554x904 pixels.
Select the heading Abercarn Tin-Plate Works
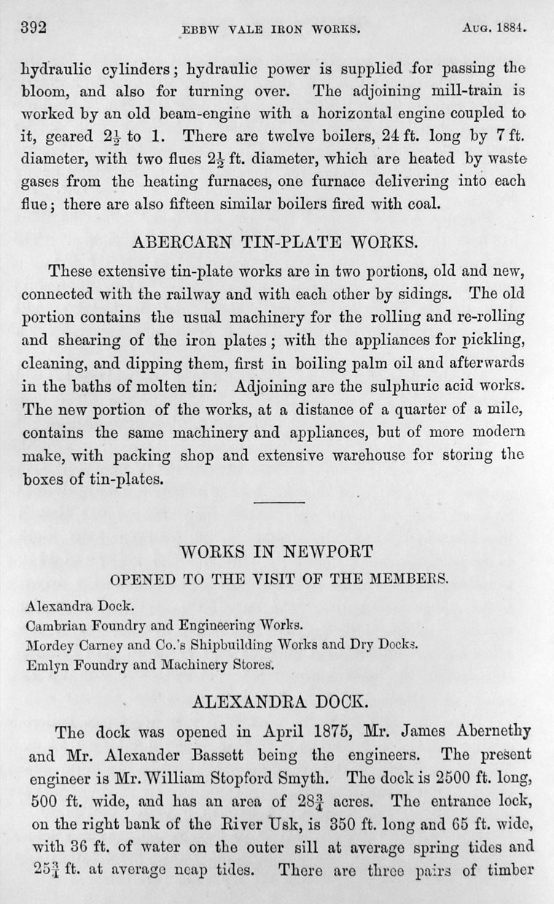tap(278, 240)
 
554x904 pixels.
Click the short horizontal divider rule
tap(277, 501)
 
